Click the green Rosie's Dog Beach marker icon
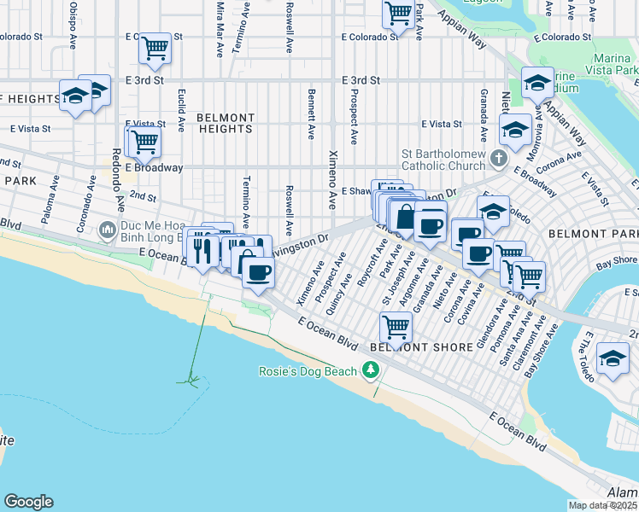click(x=370, y=370)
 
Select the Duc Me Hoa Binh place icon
click(x=107, y=230)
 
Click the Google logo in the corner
click(x=28, y=502)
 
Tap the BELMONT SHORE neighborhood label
click(x=422, y=347)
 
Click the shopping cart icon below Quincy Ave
click(x=396, y=326)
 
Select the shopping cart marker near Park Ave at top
click(x=398, y=13)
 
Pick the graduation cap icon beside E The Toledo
click(x=613, y=358)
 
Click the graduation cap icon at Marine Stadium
click(x=537, y=84)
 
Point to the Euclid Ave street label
click(x=181, y=110)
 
